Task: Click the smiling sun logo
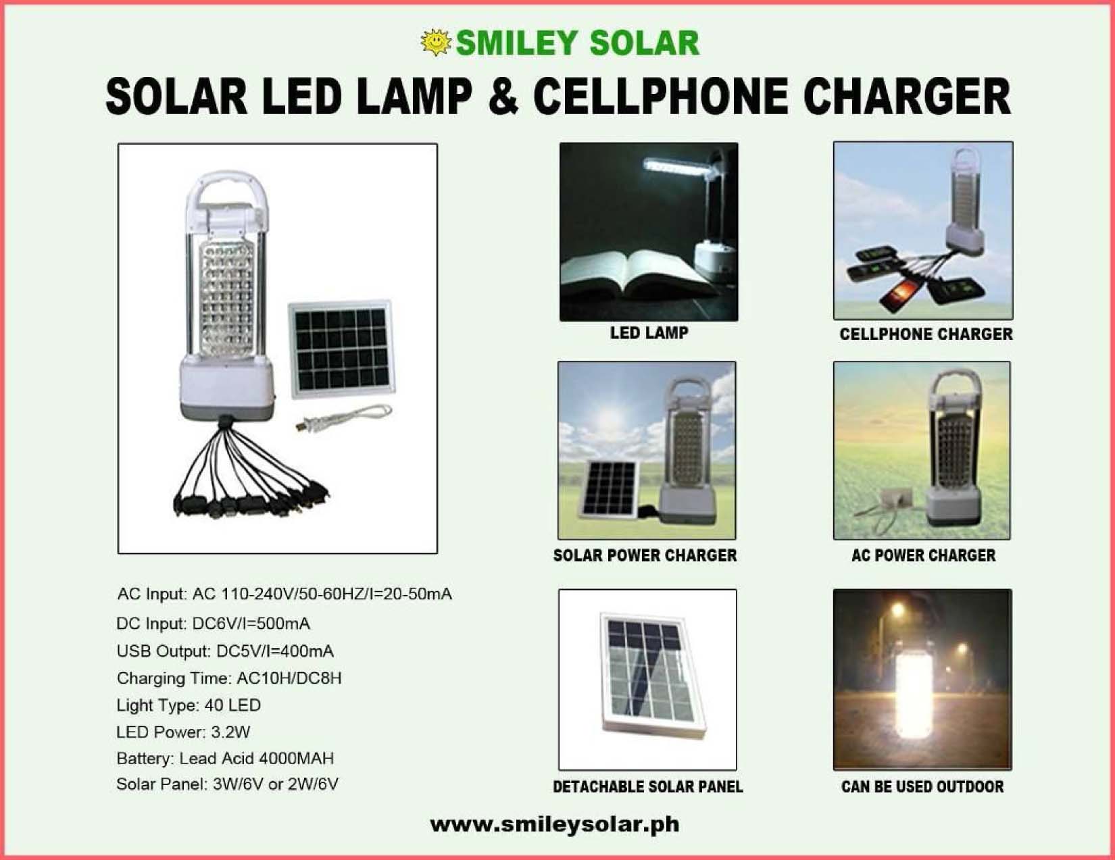pos(436,42)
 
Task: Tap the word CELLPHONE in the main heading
pos(661,96)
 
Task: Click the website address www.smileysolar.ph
pos(555,825)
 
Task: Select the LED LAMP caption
pos(649,333)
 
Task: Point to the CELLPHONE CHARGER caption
pos(926,334)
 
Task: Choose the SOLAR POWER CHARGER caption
pos(645,555)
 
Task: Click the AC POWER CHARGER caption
pos(924,555)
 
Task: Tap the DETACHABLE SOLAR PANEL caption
pos(648,786)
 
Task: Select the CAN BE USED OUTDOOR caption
pos(922,786)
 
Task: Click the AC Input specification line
pos(284,594)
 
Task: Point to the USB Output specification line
pos(225,651)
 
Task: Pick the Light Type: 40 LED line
pos(189,705)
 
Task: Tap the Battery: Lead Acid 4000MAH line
pos(225,758)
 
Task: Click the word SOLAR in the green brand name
pos(645,43)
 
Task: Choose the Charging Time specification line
pos(229,678)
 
